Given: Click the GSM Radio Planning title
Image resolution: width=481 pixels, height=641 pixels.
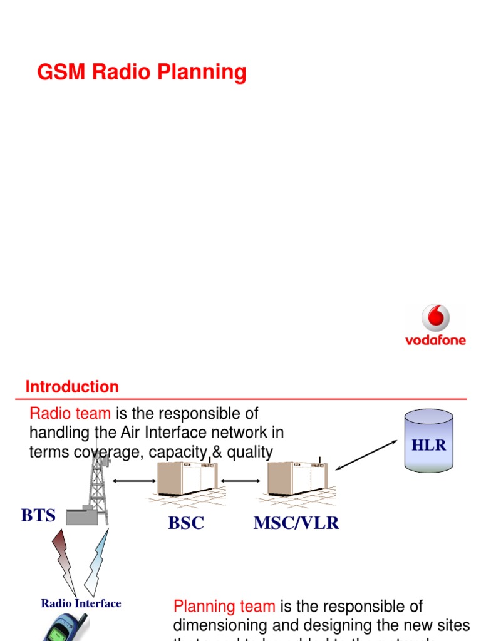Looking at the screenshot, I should pos(142,73).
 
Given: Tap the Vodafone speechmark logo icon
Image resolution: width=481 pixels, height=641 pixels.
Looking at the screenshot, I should pos(435,319).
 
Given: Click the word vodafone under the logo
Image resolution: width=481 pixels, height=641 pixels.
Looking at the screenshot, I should pos(435,341).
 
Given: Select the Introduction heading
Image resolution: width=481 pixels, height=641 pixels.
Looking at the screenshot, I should pos(72,387).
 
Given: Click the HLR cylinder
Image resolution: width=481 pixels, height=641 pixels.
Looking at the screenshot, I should pos(428,441).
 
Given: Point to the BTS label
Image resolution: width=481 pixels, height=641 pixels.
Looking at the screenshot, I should pos(38,516).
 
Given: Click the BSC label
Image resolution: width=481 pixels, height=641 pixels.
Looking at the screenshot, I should pos(186,523).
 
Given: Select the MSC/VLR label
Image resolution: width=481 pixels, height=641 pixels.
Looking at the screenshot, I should pos(296,523).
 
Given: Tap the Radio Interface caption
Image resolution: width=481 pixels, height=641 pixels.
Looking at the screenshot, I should pos(81,603).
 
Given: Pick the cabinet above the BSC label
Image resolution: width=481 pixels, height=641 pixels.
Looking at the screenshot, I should pos(187,479).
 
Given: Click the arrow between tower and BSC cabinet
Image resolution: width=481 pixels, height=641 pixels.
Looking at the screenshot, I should pos(134,481).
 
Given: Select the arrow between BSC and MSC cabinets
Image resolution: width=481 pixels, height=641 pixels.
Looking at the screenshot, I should pos(242,481).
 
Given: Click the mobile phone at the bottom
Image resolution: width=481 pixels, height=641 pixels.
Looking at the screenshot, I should pos(66,627).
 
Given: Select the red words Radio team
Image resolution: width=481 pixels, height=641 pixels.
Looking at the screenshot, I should pos(70,413).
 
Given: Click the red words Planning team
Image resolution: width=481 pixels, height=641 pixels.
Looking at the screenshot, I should pos(224,606).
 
